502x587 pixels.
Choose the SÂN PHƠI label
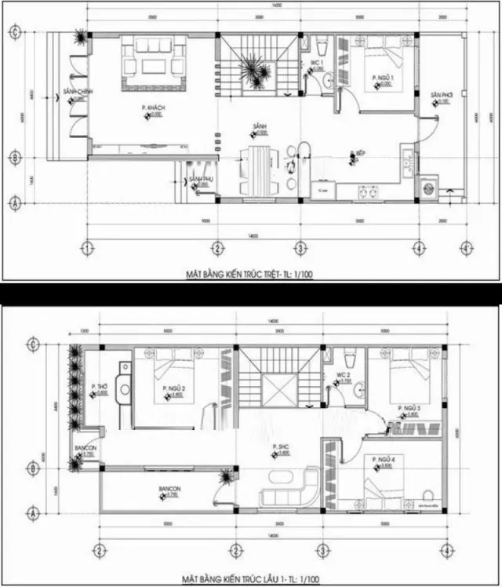(x=440, y=95)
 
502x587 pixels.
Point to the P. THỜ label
(x=99, y=387)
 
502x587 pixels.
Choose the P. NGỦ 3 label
(x=409, y=409)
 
